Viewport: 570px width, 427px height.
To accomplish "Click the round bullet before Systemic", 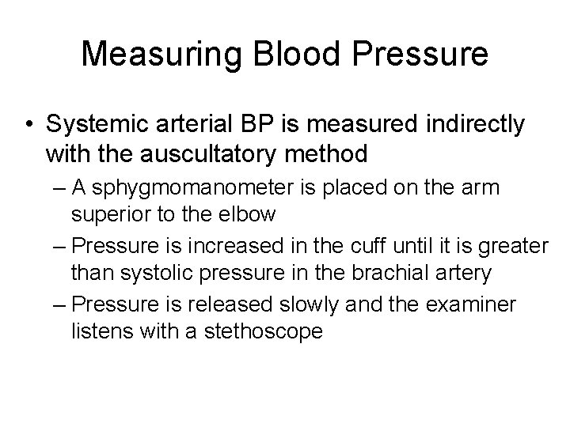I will pos(28,124).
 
